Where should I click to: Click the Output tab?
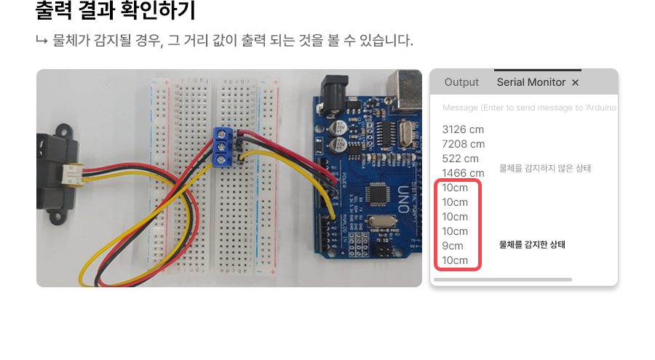[x=461, y=82]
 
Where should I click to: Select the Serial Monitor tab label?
[x=531, y=82]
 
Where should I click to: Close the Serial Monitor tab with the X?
[x=575, y=83]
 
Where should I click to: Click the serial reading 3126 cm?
[x=463, y=129]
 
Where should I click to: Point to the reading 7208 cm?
[x=463, y=144]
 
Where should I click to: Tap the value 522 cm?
[x=460, y=159]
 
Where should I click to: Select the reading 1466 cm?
[x=463, y=173]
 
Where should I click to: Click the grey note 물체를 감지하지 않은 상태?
[x=545, y=168]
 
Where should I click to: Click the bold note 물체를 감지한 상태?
[x=532, y=244]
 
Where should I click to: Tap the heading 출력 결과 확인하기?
[x=116, y=12]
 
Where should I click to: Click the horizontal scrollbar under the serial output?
[x=502, y=279]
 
